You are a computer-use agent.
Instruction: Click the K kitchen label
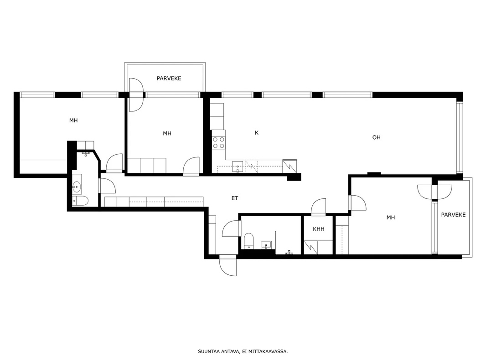pyautogui.click(x=256, y=133)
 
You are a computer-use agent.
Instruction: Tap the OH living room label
pyautogui.click(x=376, y=137)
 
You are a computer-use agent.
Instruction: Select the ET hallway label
pyautogui.click(x=235, y=198)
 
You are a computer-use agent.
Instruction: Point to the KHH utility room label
pyautogui.click(x=318, y=229)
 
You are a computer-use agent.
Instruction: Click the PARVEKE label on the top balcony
pyautogui.click(x=169, y=78)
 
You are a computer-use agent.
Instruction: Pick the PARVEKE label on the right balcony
pyautogui.click(x=453, y=215)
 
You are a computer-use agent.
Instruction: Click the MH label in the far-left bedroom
pyautogui.click(x=73, y=120)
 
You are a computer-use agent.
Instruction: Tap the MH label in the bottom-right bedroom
pyautogui.click(x=391, y=217)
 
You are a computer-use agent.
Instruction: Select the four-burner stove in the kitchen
pyautogui.click(x=218, y=142)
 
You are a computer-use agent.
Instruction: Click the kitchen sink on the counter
pyautogui.click(x=238, y=167)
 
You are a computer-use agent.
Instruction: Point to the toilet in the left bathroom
pyautogui.click(x=80, y=201)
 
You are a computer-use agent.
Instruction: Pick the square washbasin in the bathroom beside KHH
pyautogui.click(x=266, y=245)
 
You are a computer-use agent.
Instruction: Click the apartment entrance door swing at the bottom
pyautogui.click(x=228, y=266)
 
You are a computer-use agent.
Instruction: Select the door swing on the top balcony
pyautogui.click(x=136, y=95)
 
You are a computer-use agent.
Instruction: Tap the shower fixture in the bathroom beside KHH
pyautogui.click(x=289, y=253)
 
